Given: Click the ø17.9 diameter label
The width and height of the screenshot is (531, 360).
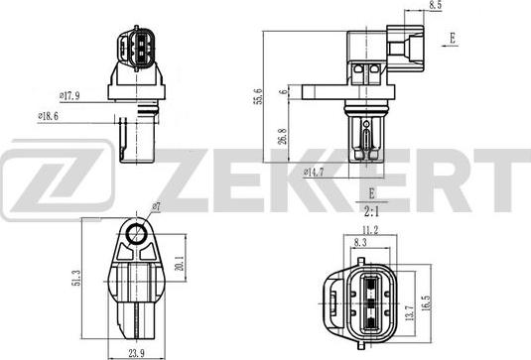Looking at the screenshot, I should coord(69,95).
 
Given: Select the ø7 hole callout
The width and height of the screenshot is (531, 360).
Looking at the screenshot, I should coord(155,207).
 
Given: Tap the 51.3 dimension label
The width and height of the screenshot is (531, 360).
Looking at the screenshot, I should coord(77,281).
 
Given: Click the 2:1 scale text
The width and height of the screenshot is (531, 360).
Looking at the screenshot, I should coord(371,210).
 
